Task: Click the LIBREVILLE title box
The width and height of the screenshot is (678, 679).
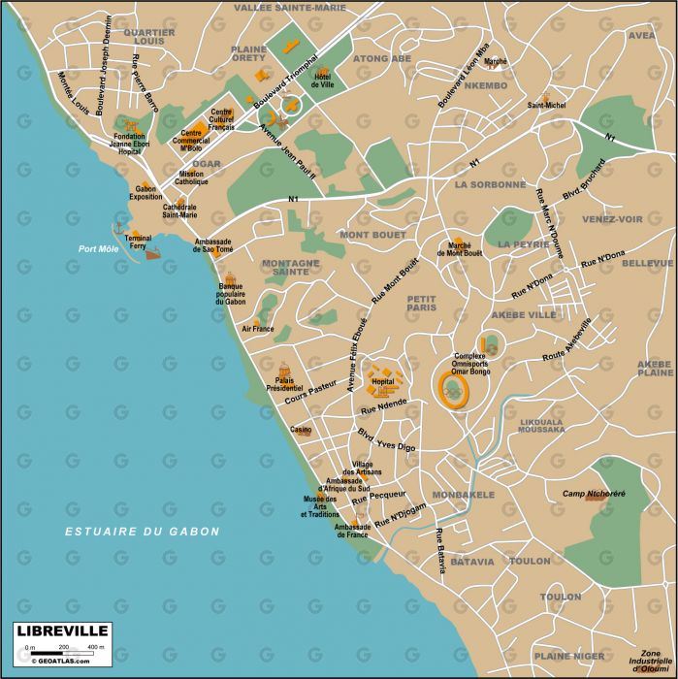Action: (x=60, y=630)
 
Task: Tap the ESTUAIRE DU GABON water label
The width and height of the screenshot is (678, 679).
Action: (x=143, y=532)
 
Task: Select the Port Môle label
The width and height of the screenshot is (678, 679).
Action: (x=97, y=248)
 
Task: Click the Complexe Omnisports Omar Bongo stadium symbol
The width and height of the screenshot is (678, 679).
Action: (x=452, y=389)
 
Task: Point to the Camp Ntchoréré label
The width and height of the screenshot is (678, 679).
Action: (x=592, y=495)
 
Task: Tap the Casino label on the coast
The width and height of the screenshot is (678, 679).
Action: (x=302, y=430)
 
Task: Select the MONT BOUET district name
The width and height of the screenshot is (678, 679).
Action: (x=371, y=235)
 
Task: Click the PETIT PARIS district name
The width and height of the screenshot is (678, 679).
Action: (x=422, y=303)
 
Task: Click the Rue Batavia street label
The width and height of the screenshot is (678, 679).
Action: (x=440, y=551)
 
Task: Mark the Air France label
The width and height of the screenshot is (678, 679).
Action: (x=258, y=329)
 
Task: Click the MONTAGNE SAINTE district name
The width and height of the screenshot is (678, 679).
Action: (x=290, y=268)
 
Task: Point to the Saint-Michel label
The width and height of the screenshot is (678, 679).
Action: (x=546, y=105)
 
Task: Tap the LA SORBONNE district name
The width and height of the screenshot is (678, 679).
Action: (x=490, y=184)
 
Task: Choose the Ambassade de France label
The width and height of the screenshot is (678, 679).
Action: (x=352, y=531)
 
